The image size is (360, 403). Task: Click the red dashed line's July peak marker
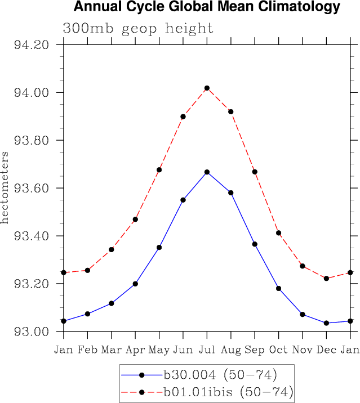point(207,88)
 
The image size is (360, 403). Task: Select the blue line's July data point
point(207,172)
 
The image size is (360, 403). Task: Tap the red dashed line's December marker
point(326,278)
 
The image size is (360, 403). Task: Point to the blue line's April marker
point(135,284)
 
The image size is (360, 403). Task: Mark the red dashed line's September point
point(255,171)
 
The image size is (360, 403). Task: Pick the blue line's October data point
point(278,288)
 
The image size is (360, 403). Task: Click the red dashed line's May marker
point(159,169)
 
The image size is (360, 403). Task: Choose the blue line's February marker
point(87,314)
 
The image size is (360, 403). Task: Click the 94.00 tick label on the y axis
point(32,93)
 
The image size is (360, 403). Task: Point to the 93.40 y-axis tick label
point(32,236)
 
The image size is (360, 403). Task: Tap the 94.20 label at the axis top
point(32,45)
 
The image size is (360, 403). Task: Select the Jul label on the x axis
point(207,350)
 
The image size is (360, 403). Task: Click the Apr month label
point(135,350)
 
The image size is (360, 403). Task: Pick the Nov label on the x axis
point(303,350)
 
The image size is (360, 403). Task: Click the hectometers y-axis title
point(5,187)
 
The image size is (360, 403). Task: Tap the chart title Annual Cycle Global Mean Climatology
point(207,7)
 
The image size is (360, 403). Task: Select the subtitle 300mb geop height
point(138,28)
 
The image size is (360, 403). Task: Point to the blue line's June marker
point(183,200)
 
